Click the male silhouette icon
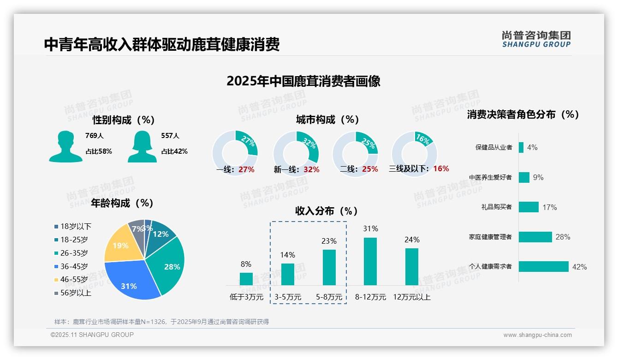65,146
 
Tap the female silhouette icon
143,146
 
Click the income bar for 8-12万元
370,261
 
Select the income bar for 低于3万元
246,279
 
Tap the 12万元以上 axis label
412,297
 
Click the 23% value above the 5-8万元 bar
329,241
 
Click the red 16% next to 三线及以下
441,169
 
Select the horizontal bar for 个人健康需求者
544,267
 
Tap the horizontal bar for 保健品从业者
521,147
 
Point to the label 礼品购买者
496,207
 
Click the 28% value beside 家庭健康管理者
563,237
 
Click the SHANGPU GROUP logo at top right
536,39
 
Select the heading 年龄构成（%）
122,203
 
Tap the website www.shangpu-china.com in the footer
537,335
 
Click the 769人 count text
95,136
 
